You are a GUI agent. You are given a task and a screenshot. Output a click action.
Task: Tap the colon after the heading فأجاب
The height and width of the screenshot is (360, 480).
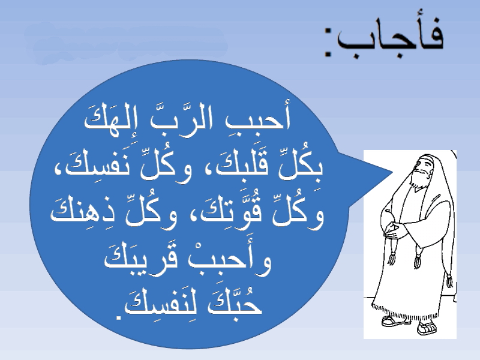tap(329, 42)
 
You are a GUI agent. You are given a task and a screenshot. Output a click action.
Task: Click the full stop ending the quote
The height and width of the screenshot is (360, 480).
tap(118, 317)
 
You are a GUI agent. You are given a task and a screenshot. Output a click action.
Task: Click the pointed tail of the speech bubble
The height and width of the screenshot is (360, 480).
tap(391, 172)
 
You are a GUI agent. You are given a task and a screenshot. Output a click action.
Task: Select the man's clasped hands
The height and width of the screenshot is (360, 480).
tap(394, 229)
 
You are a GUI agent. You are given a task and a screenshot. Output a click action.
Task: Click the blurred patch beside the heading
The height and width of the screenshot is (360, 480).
tap(126, 42)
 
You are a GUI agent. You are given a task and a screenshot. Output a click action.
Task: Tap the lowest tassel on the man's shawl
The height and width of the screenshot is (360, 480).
tap(449, 280)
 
